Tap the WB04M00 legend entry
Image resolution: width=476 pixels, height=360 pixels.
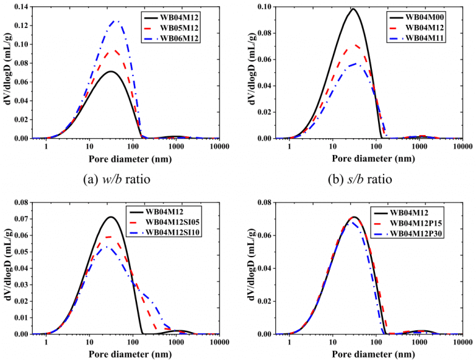coord(421,15)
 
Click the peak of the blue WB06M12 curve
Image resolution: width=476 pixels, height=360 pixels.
coord(115,21)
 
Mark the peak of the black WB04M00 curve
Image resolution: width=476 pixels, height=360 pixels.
coord(353,9)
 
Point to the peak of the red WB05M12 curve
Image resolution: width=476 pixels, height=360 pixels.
coord(112,51)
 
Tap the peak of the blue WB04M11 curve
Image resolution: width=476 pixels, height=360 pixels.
coord(355,64)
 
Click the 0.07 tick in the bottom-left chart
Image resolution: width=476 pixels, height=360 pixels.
coord(24,219)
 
